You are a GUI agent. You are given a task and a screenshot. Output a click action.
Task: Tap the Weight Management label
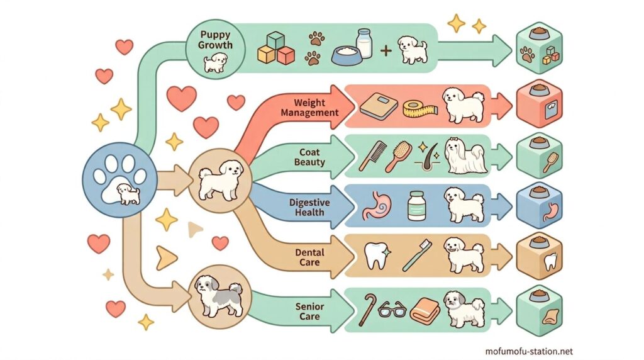pos(309,108)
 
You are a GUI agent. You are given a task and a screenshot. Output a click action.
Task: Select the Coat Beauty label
pos(309,157)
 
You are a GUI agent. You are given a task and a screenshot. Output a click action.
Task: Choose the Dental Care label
pos(309,257)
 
